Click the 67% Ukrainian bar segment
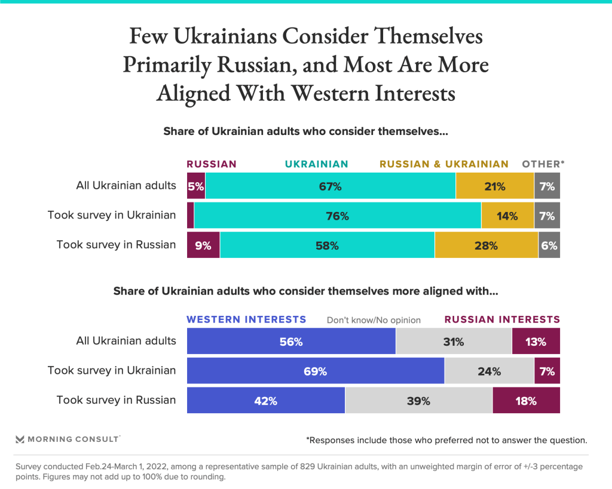(330, 186)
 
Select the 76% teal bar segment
(337, 216)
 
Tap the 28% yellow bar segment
(486, 245)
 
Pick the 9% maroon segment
(203, 245)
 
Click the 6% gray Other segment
(549, 245)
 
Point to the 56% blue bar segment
(291, 342)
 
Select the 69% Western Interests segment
(316, 371)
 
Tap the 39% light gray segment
(418, 401)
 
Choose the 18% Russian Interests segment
(526, 401)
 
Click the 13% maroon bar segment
(535, 342)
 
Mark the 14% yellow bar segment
(507, 216)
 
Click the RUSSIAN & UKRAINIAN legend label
(444, 164)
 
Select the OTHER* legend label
(543, 164)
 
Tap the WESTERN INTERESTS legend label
(246, 319)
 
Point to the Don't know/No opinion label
(374, 320)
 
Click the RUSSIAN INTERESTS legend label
(501, 319)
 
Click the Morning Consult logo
(68, 439)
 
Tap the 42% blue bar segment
(265, 401)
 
